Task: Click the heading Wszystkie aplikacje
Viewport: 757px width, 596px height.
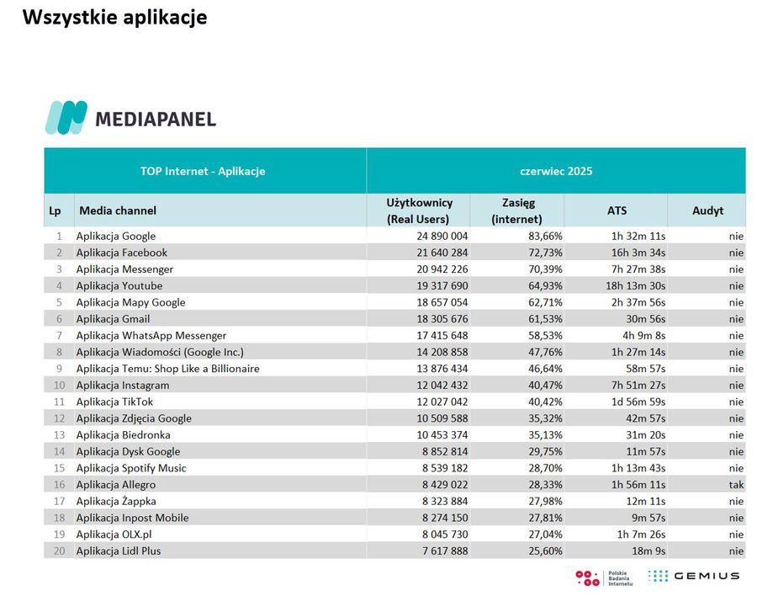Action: (115, 17)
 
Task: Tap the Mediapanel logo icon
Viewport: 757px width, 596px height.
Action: (66, 117)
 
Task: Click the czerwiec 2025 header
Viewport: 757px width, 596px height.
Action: (556, 171)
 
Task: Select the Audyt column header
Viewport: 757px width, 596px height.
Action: (707, 210)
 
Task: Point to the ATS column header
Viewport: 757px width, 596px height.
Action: (617, 210)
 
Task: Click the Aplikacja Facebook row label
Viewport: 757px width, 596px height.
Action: (122, 253)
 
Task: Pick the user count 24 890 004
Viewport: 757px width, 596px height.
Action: (442, 236)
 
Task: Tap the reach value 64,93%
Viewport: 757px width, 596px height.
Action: (545, 285)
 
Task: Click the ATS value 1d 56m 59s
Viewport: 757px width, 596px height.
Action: (638, 402)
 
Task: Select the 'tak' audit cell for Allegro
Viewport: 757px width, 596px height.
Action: (736, 484)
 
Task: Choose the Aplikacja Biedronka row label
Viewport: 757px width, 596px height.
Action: (123, 435)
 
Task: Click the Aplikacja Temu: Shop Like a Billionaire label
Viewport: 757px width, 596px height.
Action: (167, 369)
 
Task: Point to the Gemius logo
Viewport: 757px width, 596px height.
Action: (693, 576)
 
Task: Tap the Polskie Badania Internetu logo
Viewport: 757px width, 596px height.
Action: (604, 577)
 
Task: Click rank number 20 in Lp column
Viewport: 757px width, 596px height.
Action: (59, 551)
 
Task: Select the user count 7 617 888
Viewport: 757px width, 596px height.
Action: (445, 551)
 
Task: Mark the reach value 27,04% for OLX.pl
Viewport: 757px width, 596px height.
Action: (545, 535)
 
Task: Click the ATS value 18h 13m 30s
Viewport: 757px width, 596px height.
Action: (635, 285)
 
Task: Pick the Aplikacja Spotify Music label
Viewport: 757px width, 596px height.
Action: (131, 468)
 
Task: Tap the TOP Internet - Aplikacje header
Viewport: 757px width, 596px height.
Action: (203, 171)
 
